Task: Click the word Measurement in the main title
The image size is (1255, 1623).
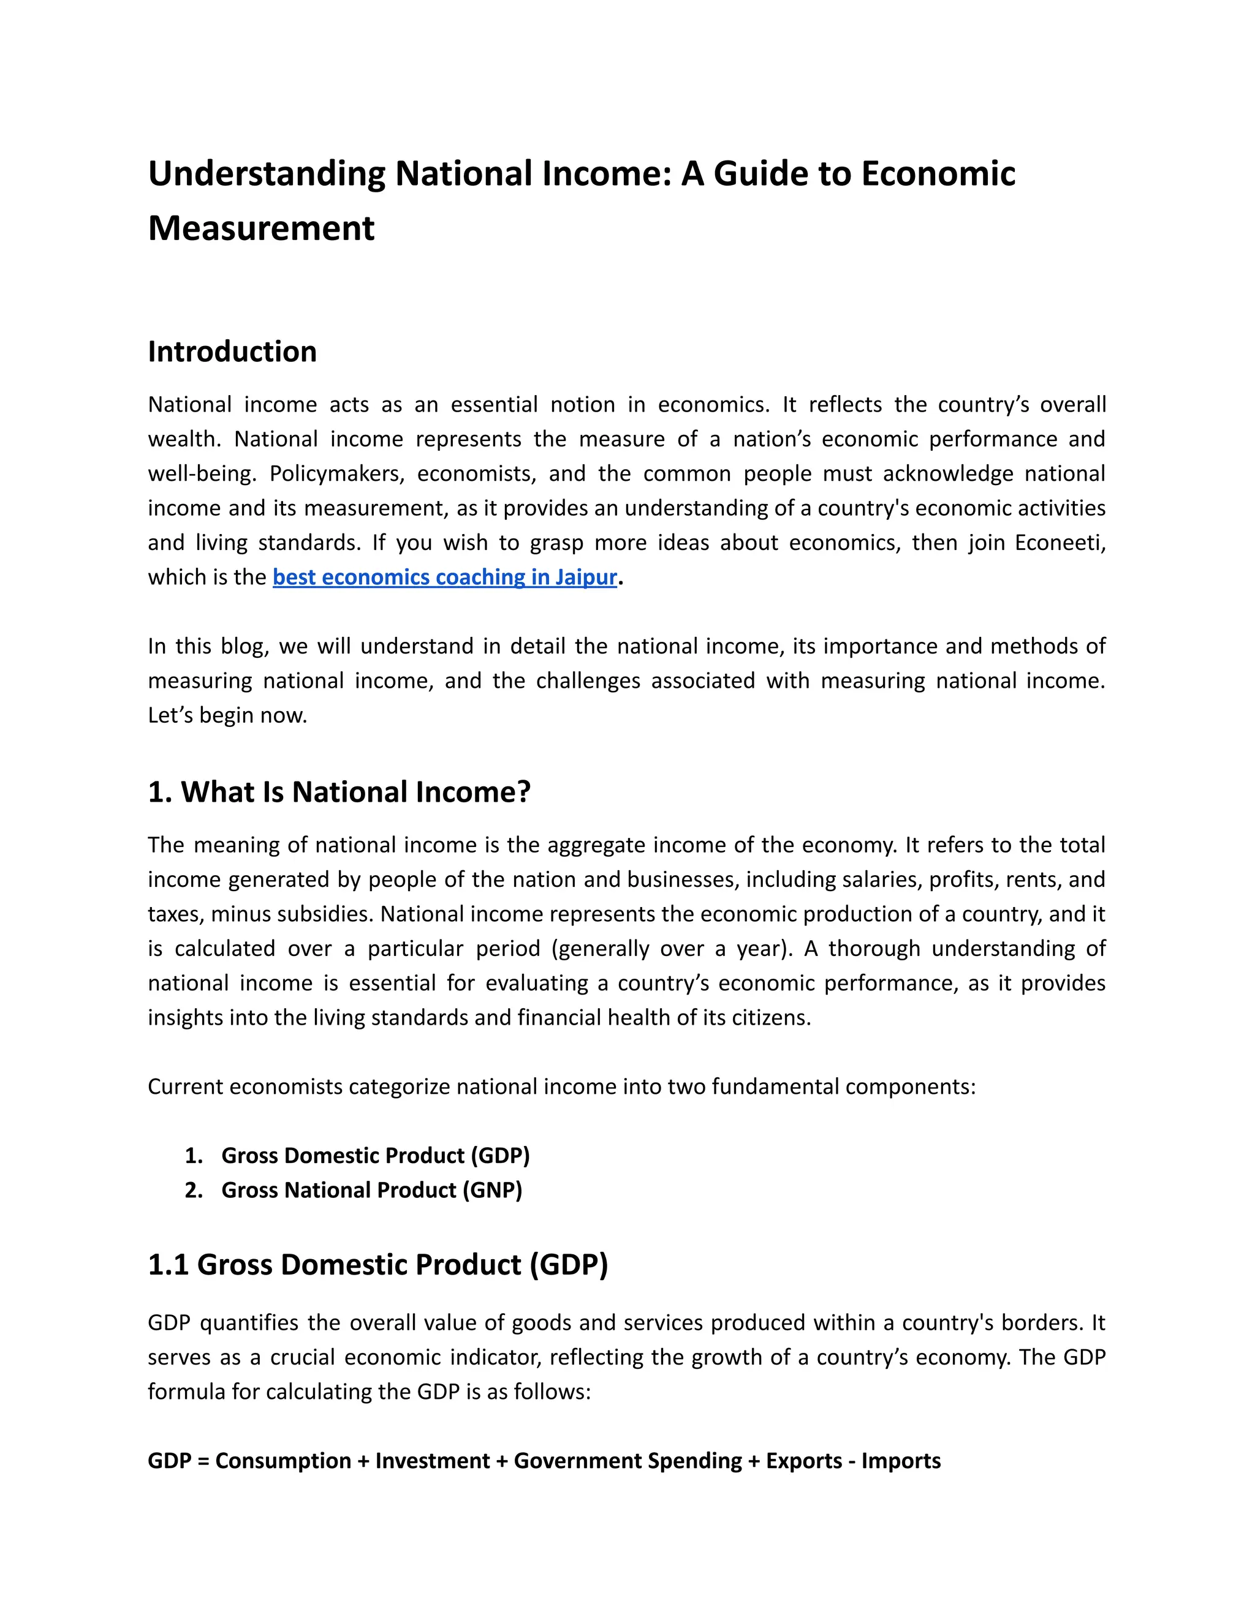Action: tap(261, 228)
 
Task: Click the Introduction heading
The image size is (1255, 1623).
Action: tap(232, 352)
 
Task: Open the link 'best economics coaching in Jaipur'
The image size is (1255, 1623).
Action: tap(445, 578)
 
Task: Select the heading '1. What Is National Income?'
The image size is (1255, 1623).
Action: tap(339, 792)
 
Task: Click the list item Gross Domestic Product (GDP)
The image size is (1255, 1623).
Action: tap(376, 1156)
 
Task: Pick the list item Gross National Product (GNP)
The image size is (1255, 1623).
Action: tap(372, 1191)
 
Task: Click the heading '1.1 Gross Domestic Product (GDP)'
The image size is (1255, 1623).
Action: tap(377, 1265)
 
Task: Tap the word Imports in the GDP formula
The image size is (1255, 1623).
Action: tap(901, 1461)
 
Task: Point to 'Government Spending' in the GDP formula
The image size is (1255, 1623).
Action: tap(627, 1461)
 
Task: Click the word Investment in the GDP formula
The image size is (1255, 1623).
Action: tap(432, 1461)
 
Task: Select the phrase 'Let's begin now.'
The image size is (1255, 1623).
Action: tap(227, 715)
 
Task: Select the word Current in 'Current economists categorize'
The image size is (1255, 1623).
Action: tap(185, 1086)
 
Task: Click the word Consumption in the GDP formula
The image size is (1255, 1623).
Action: tap(282, 1461)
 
